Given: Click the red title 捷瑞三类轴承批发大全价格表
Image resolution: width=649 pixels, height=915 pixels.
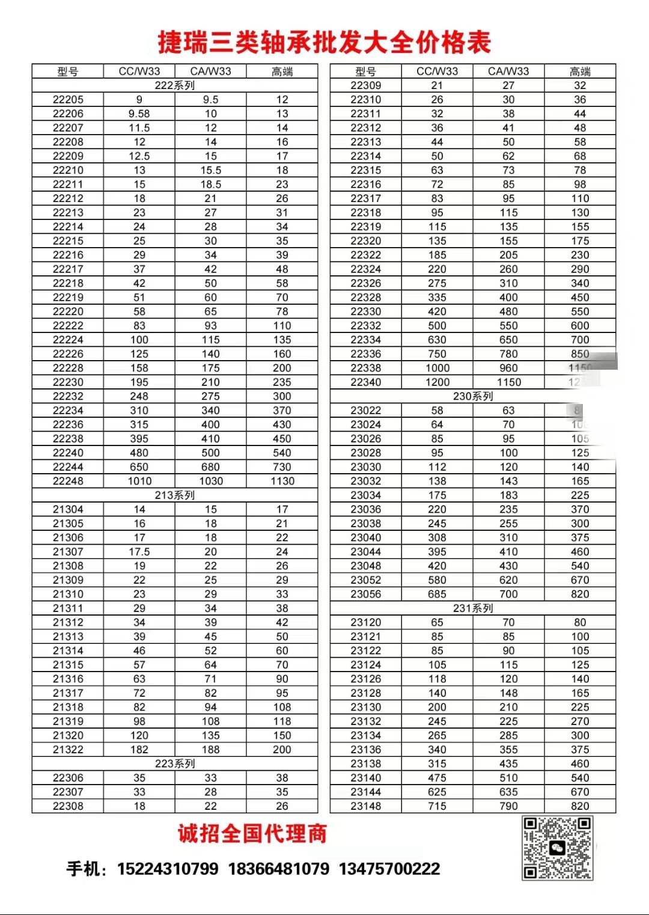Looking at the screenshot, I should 324,42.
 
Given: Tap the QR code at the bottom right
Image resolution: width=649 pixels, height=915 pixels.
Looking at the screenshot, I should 557,848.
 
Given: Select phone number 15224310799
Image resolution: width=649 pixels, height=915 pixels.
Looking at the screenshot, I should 168,869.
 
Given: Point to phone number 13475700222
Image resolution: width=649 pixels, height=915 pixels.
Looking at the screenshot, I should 389,869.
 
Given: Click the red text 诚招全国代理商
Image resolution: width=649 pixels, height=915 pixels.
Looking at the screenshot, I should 252,834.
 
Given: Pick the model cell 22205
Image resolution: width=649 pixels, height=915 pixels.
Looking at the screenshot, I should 68,100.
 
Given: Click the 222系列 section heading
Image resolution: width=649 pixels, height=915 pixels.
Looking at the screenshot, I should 174,85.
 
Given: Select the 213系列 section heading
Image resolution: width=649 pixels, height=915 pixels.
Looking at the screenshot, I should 174,495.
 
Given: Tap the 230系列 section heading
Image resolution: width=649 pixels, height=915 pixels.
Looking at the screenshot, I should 473,396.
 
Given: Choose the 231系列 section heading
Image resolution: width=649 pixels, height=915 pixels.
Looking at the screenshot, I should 473,608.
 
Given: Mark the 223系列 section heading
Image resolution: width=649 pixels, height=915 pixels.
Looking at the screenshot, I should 174,764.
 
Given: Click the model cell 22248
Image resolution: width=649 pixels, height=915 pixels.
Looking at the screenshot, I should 68,481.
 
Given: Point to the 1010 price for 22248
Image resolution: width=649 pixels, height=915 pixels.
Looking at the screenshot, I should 139,481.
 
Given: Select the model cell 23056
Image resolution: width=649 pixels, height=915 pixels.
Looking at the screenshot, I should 366,594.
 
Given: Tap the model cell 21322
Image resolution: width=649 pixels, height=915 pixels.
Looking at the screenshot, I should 68,750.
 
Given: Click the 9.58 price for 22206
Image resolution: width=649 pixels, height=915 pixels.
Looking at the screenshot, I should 139,114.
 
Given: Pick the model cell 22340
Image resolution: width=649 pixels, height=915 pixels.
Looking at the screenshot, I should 366,382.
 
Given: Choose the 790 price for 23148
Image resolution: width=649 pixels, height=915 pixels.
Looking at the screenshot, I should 508,806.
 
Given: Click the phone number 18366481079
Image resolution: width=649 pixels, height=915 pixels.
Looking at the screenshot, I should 279,869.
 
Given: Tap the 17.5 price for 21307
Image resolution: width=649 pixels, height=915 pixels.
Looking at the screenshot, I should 139,552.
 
